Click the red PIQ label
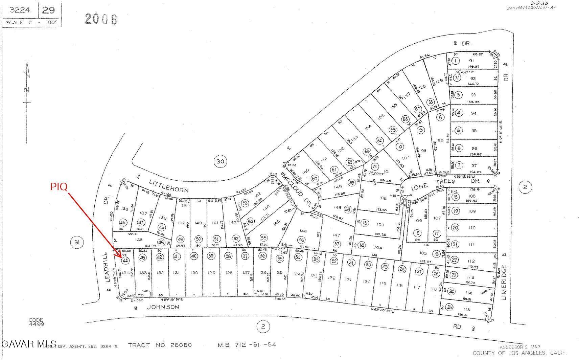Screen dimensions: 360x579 [x=59, y=186]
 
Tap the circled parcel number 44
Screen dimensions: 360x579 [x=125, y=261]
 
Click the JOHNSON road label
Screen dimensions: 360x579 [x=163, y=307]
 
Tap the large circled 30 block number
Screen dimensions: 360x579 [x=220, y=161]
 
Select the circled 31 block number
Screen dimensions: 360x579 [x=77, y=242]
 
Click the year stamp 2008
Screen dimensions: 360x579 [x=101, y=19]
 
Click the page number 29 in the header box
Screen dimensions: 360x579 [x=48, y=10]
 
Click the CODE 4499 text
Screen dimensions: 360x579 [x=36, y=322]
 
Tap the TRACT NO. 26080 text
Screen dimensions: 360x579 [x=160, y=345]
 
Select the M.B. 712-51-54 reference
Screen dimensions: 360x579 [x=247, y=345]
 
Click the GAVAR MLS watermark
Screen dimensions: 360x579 [x=29, y=344]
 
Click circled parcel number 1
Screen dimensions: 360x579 [x=456, y=61]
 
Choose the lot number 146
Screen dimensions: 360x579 [x=303, y=231]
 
